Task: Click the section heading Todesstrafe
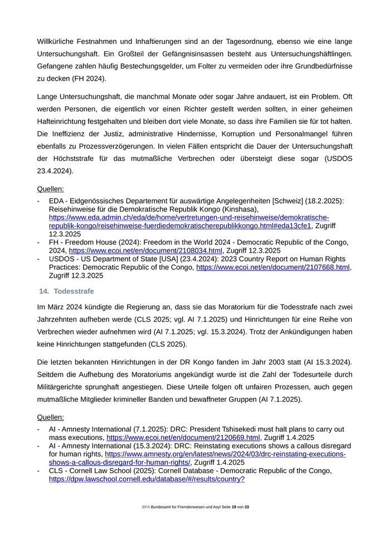pyautogui.click(x=74, y=291)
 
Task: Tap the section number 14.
pyautogui.click(x=44, y=291)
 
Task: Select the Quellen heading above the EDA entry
pyautogui.click(x=50, y=189)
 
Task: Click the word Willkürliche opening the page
pyautogui.click(x=61, y=41)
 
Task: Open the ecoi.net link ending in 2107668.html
pyautogui.click(x=273, y=267)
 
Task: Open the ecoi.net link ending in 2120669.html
pyautogui.click(x=183, y=437)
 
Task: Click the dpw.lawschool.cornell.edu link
pyautogui.click(x=147, y=479)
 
